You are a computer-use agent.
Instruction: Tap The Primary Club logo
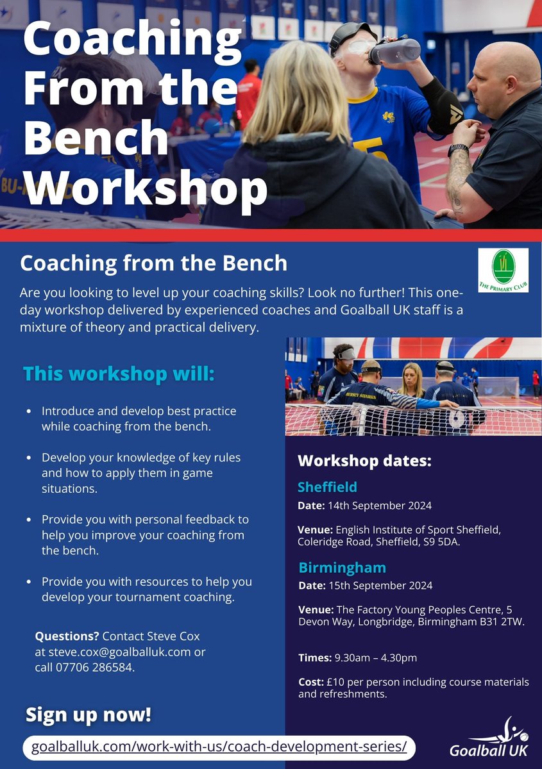503,270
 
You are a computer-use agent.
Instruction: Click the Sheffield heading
327,486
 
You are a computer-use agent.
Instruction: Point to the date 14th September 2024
380,506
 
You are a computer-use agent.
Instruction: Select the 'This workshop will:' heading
119,374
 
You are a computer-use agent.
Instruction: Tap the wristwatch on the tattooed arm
458,150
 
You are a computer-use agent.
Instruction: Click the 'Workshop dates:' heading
364,461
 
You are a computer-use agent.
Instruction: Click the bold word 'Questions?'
67,636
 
